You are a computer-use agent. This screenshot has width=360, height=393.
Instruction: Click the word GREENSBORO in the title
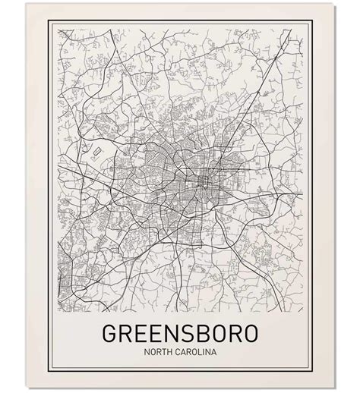coord(179,334)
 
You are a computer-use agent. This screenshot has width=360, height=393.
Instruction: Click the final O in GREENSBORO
coord(251,334)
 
